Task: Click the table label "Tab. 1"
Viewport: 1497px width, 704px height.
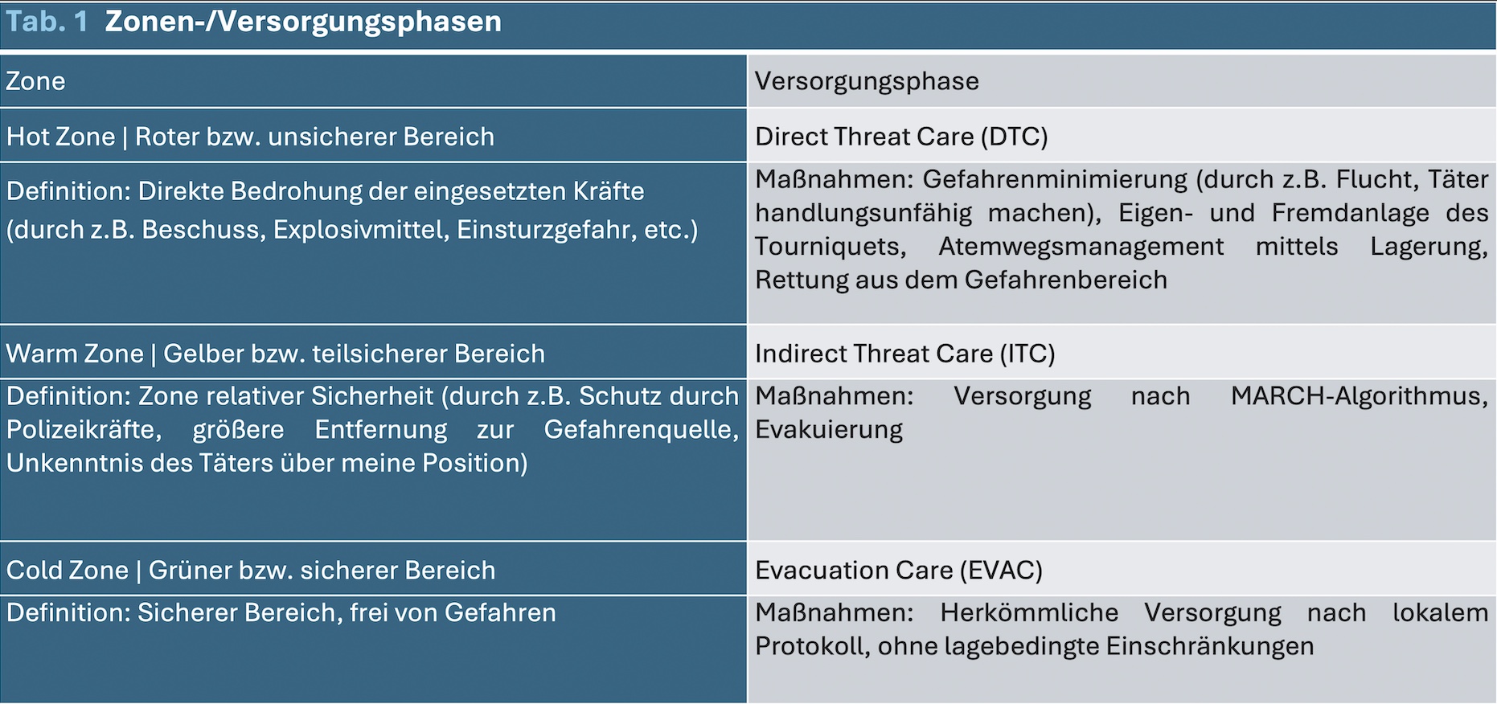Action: tap(47, 22)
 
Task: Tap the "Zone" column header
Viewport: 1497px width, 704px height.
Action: tap(35, 81)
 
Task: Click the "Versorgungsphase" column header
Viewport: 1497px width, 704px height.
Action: tap(867, 82)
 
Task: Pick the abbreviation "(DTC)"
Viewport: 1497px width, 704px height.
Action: tap(1014, 137)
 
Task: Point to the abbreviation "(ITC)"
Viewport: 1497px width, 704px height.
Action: tap(1027, 354)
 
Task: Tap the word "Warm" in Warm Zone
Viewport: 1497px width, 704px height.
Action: tap(38, 354)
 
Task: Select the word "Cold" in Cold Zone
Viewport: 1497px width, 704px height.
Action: tap(33, 571)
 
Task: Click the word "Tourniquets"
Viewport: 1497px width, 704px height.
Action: tap(831, 247)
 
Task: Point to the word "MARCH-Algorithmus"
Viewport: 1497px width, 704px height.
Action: tap(1360, 396)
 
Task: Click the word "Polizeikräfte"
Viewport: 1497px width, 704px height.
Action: tap(84, 430)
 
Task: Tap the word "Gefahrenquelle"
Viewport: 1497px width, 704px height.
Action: tap(642, 430)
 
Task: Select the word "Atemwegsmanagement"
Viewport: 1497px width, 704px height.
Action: tap(1081, 247)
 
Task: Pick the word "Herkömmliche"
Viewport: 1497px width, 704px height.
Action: tap(1029, 613)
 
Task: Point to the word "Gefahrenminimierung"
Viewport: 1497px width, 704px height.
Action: tap(1055, 179)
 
